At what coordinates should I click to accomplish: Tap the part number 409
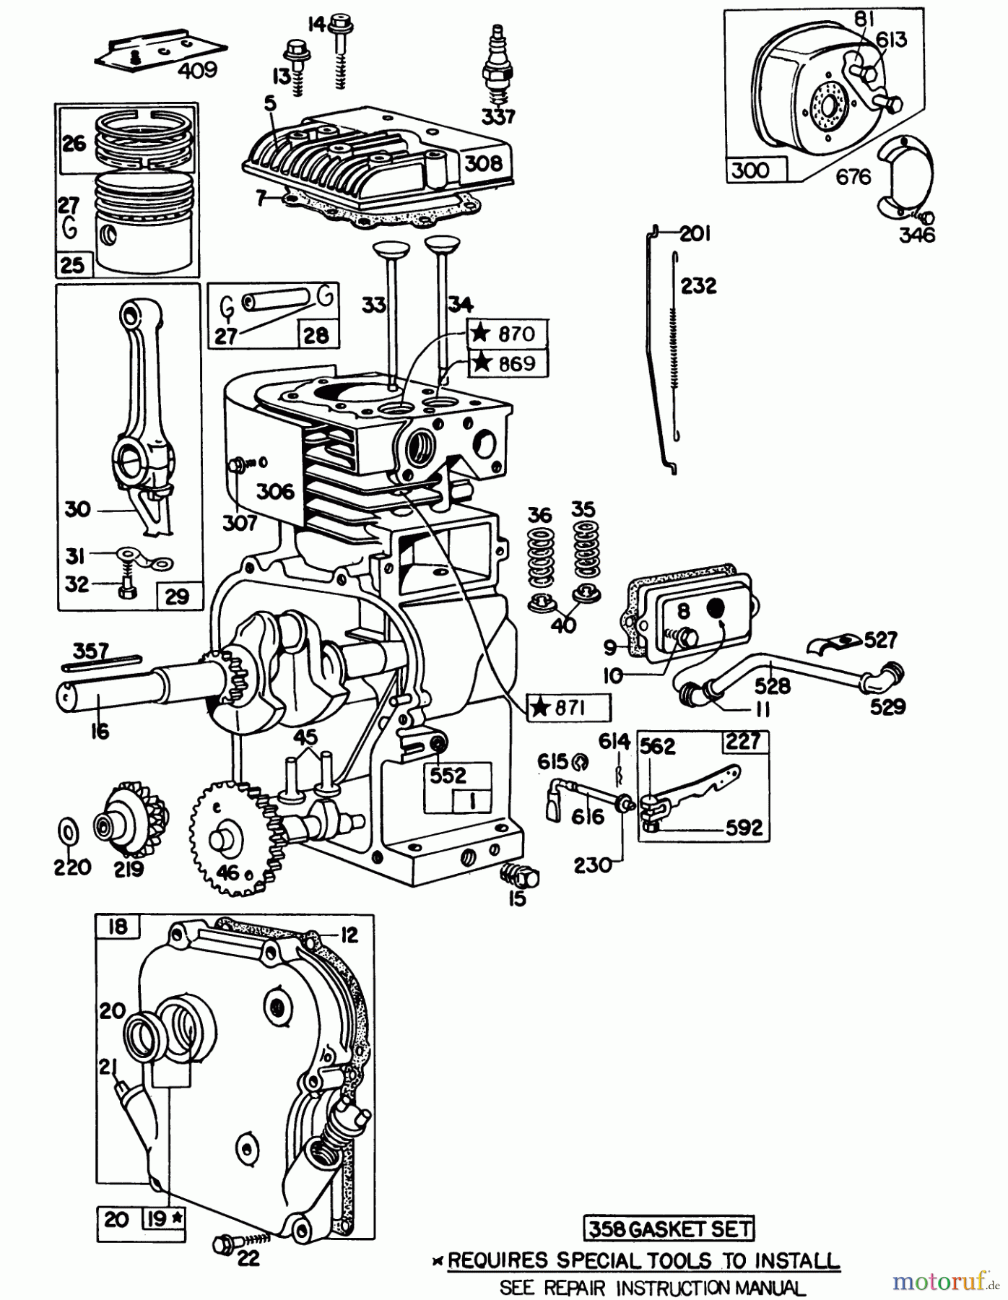197,70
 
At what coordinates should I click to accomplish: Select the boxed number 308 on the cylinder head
483,163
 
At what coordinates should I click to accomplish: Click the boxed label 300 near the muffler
750,170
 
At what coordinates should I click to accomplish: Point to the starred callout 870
507,334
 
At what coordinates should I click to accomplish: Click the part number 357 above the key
92,651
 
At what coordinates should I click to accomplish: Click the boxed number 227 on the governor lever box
745,741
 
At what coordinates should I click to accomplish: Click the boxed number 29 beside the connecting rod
177,596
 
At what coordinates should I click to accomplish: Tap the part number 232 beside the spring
698,286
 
